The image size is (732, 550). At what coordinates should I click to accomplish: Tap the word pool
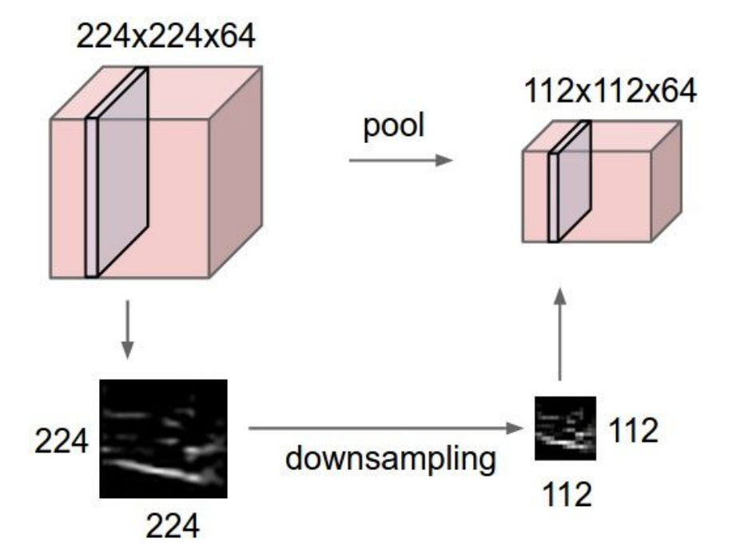(x=394, y=126)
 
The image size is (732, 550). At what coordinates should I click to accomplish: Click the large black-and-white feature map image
(x=163, y=439)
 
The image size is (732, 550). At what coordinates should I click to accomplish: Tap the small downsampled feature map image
(x=565, y=428)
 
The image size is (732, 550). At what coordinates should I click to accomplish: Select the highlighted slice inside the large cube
(x=117, y=172)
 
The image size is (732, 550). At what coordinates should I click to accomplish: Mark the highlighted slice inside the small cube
(x=570, y=181)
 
